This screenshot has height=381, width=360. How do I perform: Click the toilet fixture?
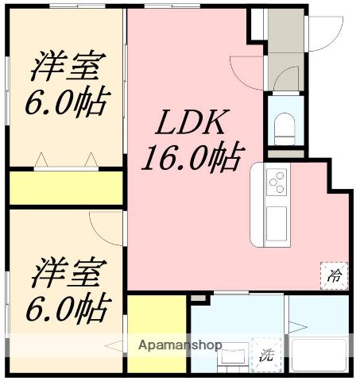point(285,129)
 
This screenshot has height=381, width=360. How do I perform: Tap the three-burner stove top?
point(277,182)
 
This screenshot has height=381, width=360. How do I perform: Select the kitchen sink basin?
point(277,224)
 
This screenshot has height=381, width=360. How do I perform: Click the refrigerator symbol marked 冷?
point(334,275)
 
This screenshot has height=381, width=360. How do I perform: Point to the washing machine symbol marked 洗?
point(266,355)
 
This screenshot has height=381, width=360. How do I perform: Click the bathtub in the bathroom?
point(319,355)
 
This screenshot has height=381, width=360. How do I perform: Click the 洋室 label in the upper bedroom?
point(69,66)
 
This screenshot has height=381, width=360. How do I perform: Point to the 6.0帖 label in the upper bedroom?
point(68,101)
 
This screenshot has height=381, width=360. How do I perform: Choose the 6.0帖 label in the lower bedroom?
point(68,307)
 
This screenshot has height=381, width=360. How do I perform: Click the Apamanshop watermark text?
point(180,344)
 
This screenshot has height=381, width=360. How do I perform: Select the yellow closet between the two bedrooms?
point(66,188)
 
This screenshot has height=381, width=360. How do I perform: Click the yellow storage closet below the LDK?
point(157,334)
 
